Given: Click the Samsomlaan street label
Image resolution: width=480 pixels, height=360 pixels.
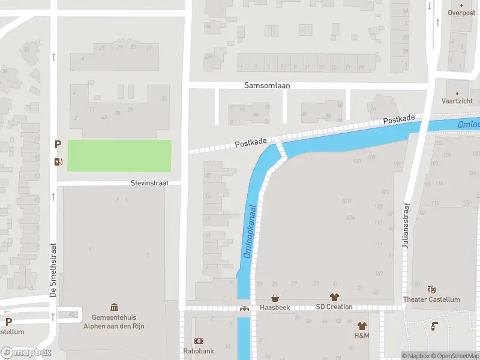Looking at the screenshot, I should pos(267,85).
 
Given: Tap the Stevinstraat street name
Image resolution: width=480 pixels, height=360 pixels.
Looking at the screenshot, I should pos(150,182).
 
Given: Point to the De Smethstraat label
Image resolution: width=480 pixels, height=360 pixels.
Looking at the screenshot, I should pos(52,269).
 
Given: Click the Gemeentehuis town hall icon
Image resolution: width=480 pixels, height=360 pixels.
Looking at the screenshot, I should pos(114,307).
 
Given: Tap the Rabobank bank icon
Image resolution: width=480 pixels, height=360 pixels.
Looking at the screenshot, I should pos(199,341).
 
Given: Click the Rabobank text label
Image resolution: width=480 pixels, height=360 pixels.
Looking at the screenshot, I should pos(199,351).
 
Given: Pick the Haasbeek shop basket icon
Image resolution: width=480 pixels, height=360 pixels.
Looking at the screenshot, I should pos(275,298).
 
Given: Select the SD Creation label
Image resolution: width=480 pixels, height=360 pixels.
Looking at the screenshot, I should pos(334,307).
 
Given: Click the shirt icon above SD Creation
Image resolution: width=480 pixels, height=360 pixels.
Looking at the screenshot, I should pos(334,297).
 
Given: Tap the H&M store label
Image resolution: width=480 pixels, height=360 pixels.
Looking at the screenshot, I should pos(362,335).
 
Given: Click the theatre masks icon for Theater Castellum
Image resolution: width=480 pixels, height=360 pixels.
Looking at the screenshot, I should pos(431,290).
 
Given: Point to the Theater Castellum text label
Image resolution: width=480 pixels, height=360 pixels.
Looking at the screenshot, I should pos(431,299).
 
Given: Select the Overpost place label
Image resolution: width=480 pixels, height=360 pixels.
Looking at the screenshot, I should pos(461,12).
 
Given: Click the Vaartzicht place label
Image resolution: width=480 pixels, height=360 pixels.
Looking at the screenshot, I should pos(457,102).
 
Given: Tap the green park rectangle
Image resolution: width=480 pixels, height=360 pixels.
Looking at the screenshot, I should pos(119,155).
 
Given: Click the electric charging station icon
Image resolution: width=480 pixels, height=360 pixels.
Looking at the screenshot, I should pos(58,161).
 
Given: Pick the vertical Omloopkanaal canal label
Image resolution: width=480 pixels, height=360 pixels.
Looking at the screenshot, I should pos(250,232).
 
